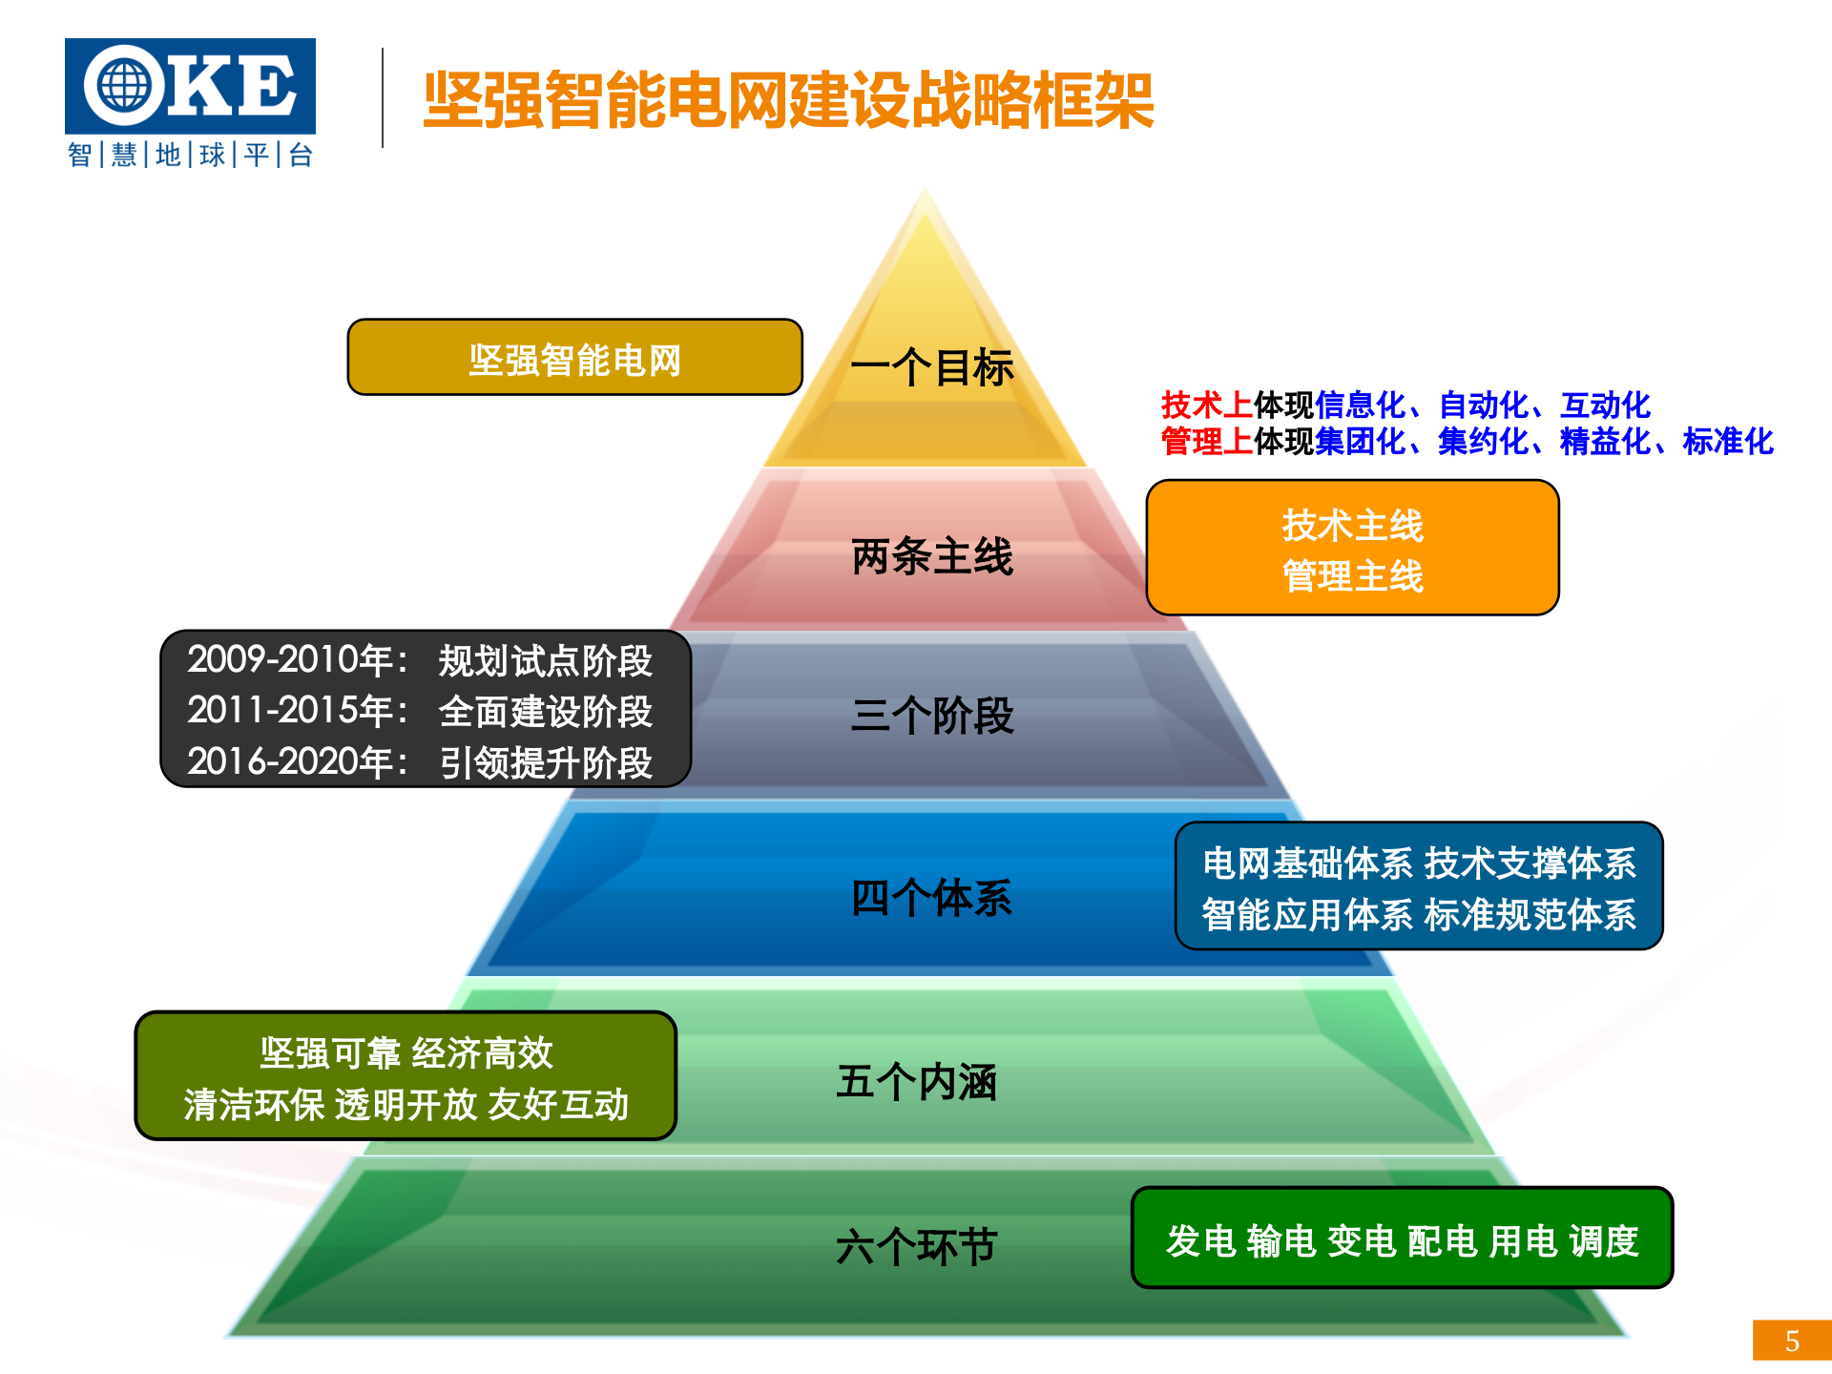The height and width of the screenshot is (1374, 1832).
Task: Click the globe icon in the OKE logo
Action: coord(124,86)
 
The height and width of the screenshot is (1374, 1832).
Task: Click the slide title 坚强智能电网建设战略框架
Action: coord(788,100)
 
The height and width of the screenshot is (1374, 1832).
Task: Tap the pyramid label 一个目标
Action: coord(931,367)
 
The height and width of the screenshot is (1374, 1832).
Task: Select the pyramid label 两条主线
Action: coord(931,556)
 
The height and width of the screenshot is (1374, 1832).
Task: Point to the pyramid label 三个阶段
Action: coord(931,716)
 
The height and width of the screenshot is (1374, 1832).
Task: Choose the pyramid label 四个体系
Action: coord(931,898)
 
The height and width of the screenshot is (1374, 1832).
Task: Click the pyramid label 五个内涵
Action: coord(916,1082)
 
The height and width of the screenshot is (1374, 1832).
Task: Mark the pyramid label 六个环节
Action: coord(916,1246)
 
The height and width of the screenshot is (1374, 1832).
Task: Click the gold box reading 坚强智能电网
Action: coord(574,360)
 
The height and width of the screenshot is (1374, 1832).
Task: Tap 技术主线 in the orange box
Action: coord(1352,525)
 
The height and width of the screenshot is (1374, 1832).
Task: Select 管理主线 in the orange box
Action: coord(1352,576)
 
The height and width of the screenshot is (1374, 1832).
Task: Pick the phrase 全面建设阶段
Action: coord(546,712)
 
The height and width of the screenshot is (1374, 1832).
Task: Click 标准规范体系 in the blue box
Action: coord(1530,915)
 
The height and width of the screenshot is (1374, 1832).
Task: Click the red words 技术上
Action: coord(1206,406)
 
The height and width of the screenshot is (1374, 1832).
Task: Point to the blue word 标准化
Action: coord(1727,442)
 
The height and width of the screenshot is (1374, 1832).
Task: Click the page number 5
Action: coord(1792,1341)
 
